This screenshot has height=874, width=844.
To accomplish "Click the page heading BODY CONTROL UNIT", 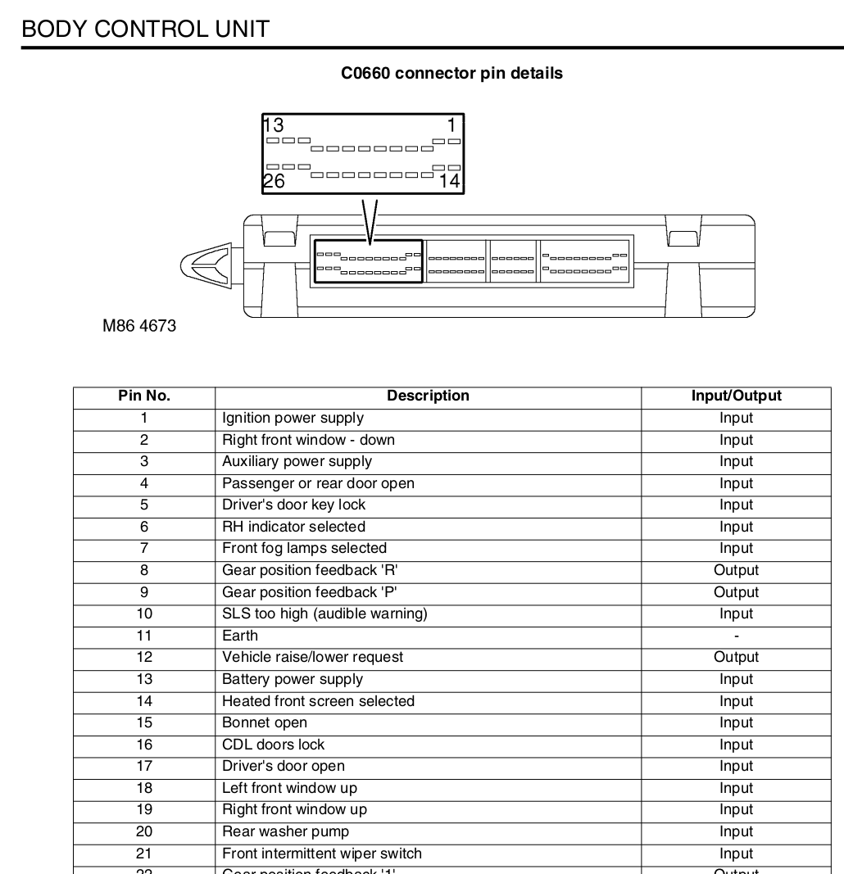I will click(145, 29).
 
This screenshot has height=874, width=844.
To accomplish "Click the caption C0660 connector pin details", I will click(451, 74).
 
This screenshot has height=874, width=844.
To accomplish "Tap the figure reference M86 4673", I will click(139, 326).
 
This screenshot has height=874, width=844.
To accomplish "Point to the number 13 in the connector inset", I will click(274, 125).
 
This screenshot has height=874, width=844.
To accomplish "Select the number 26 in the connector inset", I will click(274, 182).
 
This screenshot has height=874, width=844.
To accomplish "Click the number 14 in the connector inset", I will click(450, 182).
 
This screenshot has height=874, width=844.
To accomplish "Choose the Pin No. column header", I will click(144, 396).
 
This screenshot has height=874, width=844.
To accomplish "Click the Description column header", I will click(428, 396).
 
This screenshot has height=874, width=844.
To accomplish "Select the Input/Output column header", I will click(736, 396).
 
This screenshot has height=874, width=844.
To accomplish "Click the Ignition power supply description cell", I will click(293, 419).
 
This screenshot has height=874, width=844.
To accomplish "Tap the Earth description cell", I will click(240, 636).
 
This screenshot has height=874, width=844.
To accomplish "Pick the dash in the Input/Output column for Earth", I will click(736, 636).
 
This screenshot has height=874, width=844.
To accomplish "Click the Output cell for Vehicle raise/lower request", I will click(736, 658).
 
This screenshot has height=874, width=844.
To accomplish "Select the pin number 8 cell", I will click(144, 571).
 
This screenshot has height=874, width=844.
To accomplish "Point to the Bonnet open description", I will click(265, 723).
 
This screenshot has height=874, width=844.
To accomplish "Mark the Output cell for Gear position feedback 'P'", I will click(736, 592).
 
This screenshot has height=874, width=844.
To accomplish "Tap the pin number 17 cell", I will click(144, 767).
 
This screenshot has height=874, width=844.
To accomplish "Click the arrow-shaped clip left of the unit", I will click(206, 265).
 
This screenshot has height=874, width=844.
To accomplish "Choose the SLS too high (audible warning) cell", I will click(324, 614).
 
